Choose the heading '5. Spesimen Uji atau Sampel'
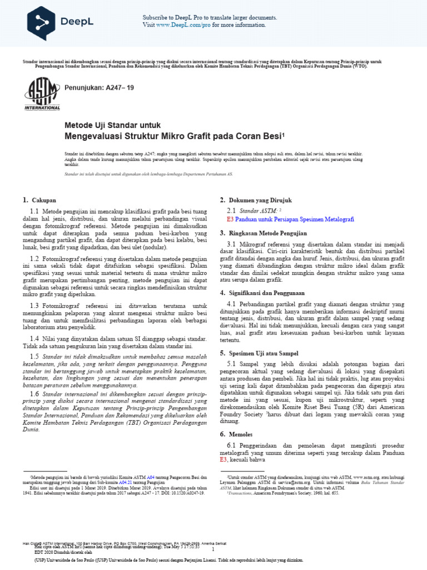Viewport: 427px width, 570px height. tap(259, 353)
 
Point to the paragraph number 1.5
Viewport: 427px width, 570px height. tap(34, 356)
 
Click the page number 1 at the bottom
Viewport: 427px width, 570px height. tap(212, 548)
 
